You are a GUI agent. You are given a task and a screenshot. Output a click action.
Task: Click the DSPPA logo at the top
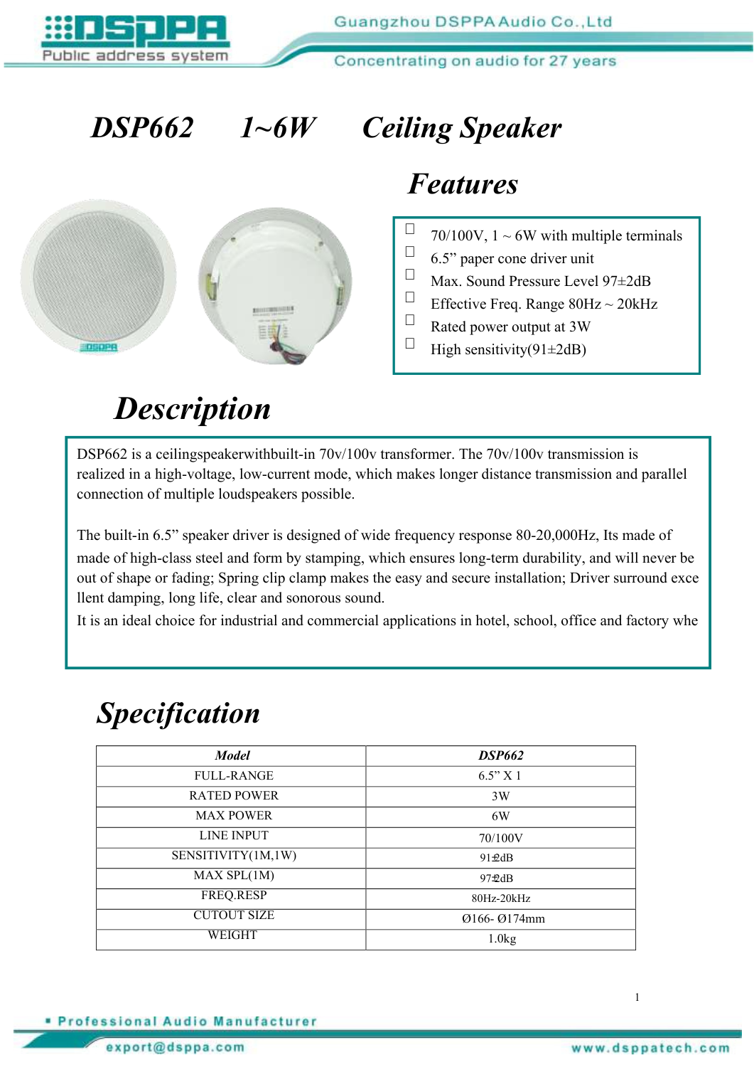click(135, 37)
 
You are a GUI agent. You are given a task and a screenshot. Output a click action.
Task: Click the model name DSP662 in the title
click(142, 128)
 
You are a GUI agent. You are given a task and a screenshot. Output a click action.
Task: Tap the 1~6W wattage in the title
click(277, 128)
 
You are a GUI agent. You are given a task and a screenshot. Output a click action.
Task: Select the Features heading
click(463, 184)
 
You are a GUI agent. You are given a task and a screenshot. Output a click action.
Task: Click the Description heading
click(193, 409)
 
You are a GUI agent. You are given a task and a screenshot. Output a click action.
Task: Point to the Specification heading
click(178, 713)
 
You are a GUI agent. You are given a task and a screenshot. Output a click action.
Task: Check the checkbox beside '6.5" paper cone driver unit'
click(410, 252)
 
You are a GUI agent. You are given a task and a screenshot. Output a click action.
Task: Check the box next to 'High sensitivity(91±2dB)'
click(410, 343)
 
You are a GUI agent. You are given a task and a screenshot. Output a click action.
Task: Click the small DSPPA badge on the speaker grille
click(98, 347)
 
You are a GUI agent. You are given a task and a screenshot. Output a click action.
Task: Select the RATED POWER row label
click(234, 795)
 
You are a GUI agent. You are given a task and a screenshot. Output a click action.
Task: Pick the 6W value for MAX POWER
click(500, 816)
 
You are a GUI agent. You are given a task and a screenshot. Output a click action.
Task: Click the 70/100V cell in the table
click(500, 838)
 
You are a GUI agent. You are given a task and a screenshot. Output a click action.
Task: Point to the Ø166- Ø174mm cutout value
click(503, 918)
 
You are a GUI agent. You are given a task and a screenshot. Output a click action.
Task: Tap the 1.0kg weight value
click(502, 939)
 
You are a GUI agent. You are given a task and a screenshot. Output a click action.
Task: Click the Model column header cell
click(232, 755)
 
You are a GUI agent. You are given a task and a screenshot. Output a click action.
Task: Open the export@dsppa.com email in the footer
click(175, 1047)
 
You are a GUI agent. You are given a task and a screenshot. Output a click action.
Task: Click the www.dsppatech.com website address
click(650, 1048)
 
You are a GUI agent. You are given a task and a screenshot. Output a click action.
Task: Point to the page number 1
click(637, 997)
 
